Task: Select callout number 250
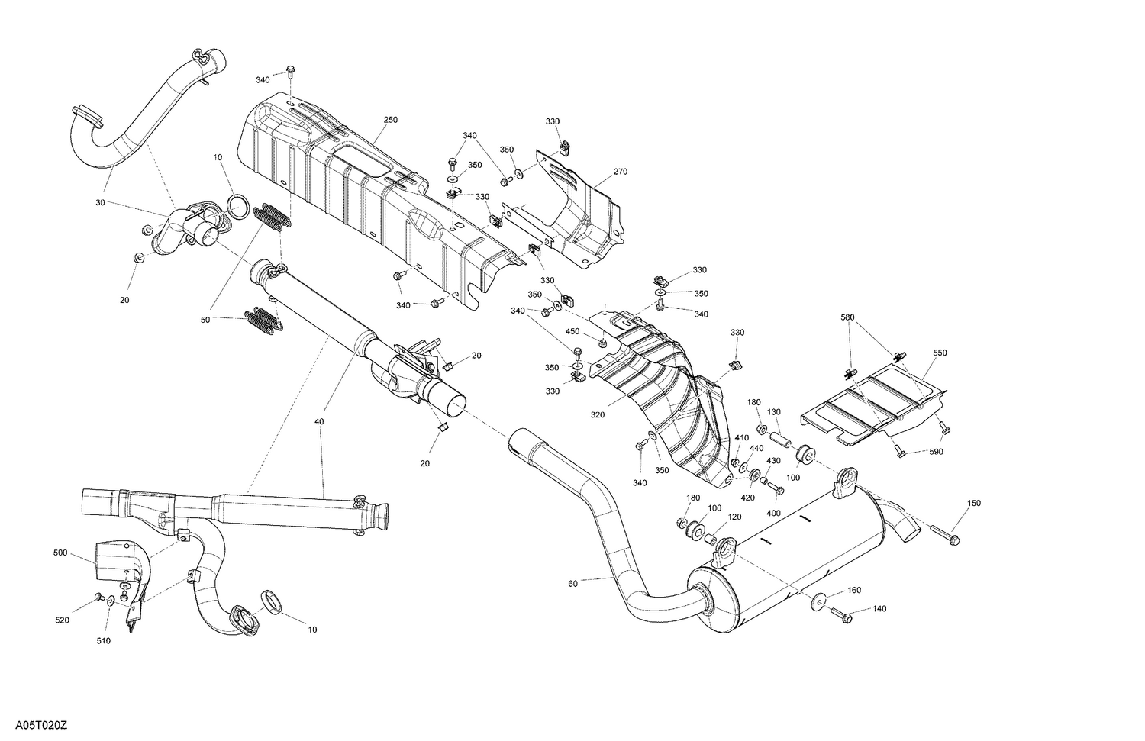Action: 390,120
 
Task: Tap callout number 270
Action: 620,172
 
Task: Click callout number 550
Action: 940,353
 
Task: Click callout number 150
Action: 974,503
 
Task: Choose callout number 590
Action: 937,452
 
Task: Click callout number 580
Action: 848,317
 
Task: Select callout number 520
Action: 62,620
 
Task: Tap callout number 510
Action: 103,641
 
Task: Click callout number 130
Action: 774,412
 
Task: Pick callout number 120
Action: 734,517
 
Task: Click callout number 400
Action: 773,513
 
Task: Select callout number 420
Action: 747,498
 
